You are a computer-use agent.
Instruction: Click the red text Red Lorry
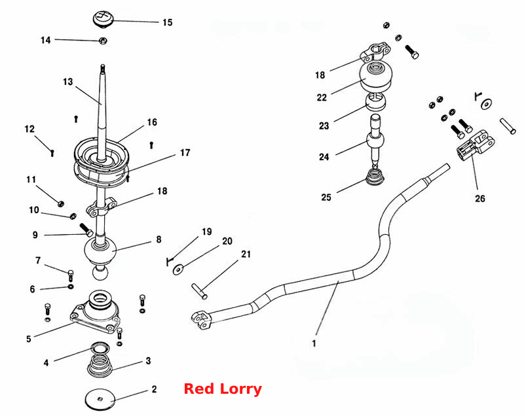click(223, 389)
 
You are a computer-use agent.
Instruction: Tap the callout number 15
click(168, 22)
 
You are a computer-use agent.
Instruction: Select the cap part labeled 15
click(103, 18)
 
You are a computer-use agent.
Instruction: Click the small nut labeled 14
click(103, 41)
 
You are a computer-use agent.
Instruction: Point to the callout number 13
click(68, 82)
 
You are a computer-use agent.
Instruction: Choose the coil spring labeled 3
click(100, 365)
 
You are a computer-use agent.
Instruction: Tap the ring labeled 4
click(100, 348)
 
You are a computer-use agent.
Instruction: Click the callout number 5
click(29, 339)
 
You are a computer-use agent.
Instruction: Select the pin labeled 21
click(200, 291)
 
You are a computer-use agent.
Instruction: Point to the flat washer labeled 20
click(178, 269)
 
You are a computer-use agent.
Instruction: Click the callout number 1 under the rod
click(314, 343)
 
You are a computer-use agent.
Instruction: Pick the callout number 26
click(480, 198)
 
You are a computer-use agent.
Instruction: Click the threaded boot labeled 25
click(375, 177)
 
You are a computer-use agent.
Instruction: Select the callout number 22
click(322, 97)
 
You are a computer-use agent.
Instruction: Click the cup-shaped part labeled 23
click(375, 102)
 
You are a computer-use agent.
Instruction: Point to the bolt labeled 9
click(86, 230)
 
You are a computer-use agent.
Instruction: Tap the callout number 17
click(185, 152)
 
